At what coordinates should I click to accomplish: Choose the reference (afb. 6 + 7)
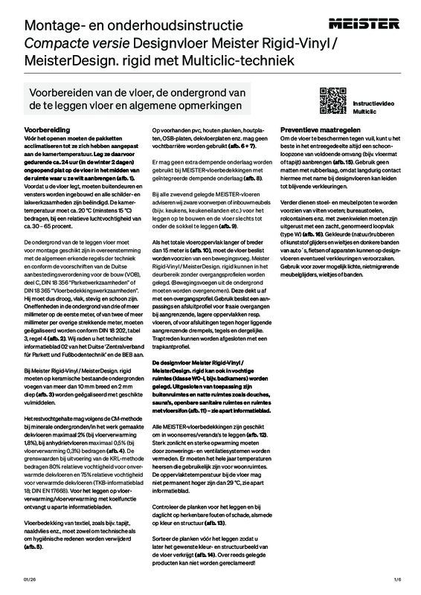click(x=241, y=147)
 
